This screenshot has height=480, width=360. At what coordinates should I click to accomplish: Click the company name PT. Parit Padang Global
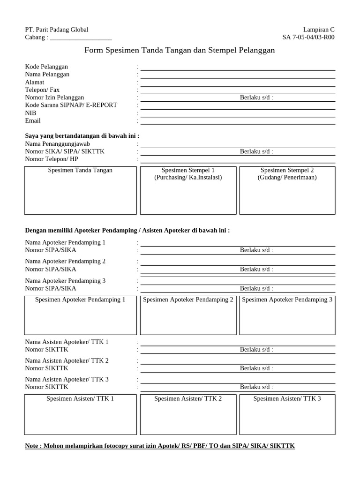56,30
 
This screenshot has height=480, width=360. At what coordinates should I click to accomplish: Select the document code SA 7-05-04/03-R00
308,37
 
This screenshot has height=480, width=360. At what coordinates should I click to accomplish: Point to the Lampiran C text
319,30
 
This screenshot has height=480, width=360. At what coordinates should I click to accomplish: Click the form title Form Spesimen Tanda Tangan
180,50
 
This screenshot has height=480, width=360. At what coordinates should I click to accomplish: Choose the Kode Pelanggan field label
46,67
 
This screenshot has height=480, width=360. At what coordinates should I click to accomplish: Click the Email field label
33,120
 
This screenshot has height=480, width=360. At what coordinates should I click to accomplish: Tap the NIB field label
30,113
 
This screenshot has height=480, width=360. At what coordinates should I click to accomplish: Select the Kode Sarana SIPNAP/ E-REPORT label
71,105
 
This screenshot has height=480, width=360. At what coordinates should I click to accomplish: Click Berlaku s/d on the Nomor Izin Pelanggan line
256,97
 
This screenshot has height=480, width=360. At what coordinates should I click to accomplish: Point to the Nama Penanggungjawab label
57,143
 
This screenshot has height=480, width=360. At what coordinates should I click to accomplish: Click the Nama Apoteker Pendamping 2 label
65,261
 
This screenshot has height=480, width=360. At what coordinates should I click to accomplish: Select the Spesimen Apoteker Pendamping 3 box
287,316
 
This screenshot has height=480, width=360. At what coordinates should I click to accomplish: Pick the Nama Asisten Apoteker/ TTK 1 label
67,342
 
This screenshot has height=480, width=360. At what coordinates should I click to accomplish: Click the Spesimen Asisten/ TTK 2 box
188,415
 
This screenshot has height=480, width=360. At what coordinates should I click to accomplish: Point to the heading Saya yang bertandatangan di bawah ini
82,136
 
